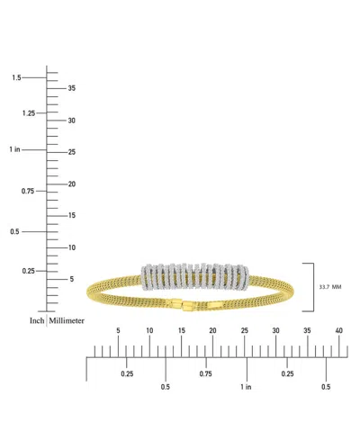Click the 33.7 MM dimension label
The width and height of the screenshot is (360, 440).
pos(329,287)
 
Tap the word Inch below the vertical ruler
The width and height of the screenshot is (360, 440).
pos(37,320)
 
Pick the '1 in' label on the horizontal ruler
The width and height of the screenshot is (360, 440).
pos(246,386)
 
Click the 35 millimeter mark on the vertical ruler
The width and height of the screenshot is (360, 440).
pos(73,88)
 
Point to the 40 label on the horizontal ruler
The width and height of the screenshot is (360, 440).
pos(339,331)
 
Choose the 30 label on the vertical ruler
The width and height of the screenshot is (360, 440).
pos(73,120)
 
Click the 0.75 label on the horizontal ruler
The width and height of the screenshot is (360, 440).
pos(205,373)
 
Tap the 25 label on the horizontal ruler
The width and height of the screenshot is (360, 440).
pos(245,331)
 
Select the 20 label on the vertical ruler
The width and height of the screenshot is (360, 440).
pos(73,184)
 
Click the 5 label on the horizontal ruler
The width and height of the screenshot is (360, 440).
pos(118,331)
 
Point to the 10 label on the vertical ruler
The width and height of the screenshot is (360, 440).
pos(73,247)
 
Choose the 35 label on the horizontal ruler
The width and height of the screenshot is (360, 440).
pos(308,331)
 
